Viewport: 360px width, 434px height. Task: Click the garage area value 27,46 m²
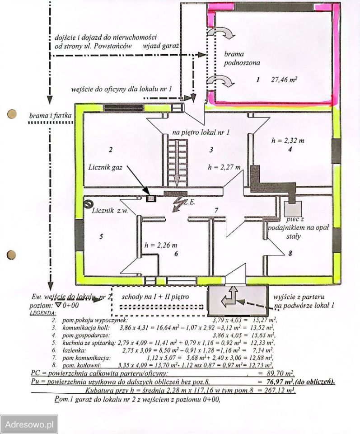[284, 80]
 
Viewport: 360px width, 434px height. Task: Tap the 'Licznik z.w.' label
[110, 211]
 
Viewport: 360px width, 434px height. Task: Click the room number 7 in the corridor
[216, 210]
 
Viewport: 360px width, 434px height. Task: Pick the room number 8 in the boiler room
[290, 254]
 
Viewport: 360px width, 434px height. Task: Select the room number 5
[102, 236]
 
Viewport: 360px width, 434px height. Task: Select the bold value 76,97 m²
[281, 382]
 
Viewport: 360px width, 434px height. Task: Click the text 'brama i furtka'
[51, 116]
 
